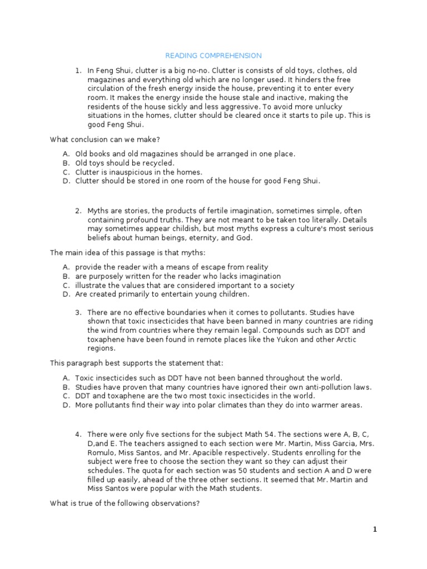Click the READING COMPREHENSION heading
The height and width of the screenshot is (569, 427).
coord(213,56)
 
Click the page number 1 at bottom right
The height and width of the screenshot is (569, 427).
coord(375,529)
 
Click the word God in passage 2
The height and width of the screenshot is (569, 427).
coord(245,238)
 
